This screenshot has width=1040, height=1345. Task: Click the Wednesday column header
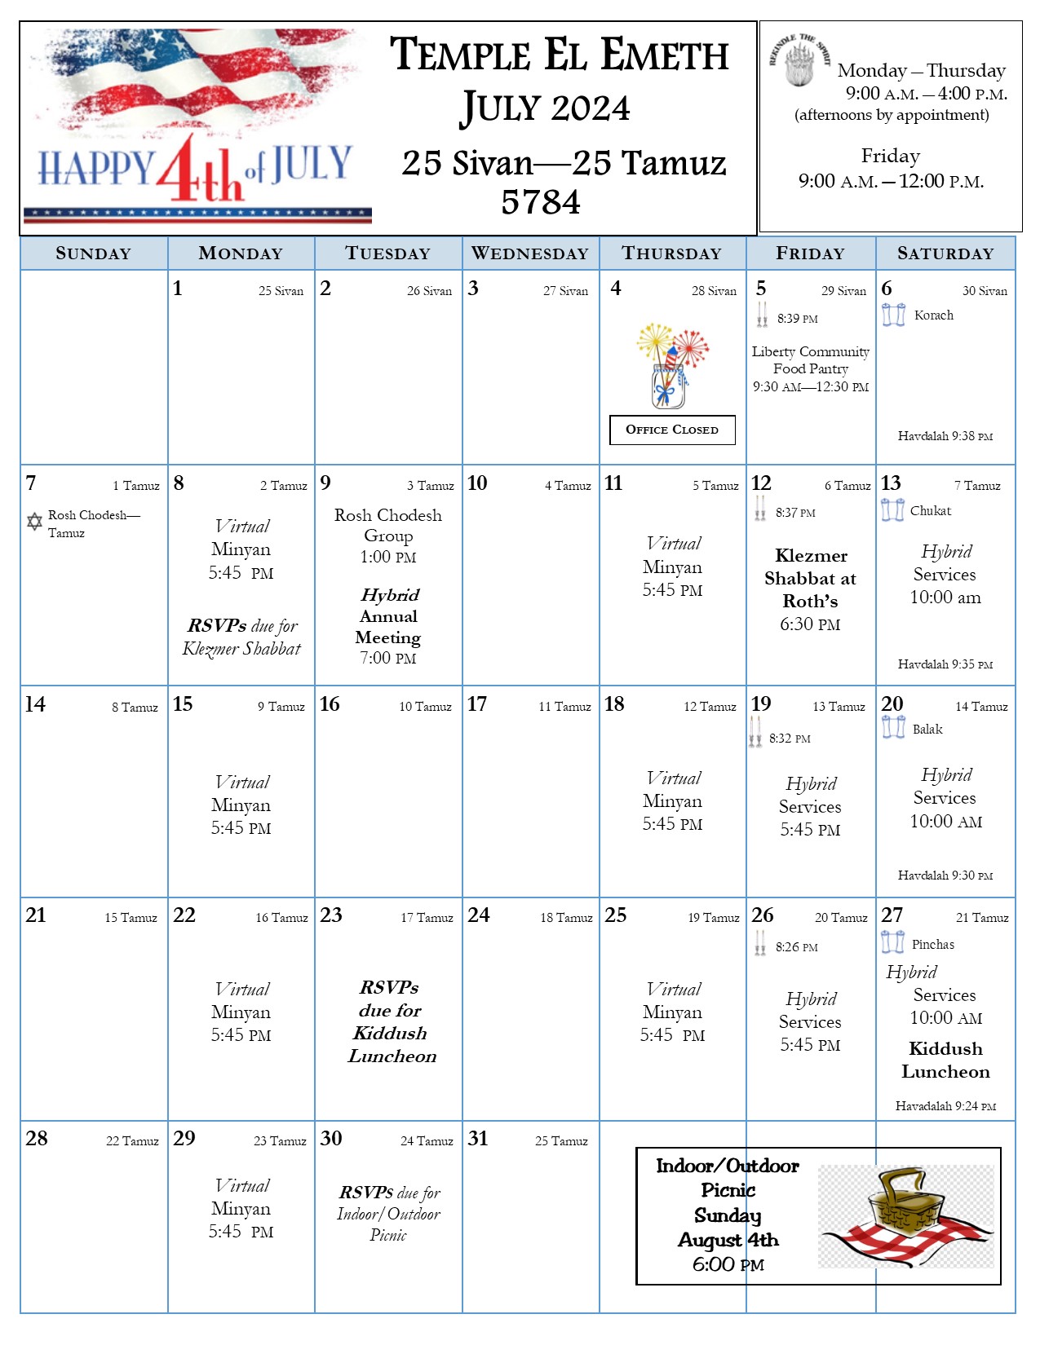pyautogui.click(x=530, y=254)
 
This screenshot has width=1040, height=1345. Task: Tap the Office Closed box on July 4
pyautogui.click(x=672, y=430)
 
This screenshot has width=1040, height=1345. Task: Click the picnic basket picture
pyautogui.click(x=905, y=1215)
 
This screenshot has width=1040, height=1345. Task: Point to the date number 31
pyautogui.click(x=478, y=1139)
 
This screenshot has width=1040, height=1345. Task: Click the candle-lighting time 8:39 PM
pyautogui.click(x=797, y=319)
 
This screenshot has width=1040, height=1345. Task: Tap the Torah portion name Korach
pyautogui.click(x=933, y=315)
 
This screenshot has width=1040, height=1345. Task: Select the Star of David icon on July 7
pyautogui.click(x=34, y=521)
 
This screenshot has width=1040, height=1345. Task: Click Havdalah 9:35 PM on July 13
pyautogui.click(x=945, y=664)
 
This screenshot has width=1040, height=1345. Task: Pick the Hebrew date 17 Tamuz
pyautogui.click(x=427, y=918)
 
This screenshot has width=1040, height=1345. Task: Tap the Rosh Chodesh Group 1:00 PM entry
pyautogui.click(x=388, y=536)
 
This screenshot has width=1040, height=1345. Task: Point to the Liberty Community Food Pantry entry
pyautogui.click(x=810, y=368)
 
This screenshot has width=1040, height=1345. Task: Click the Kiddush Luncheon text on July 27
pyautogui.click(x=945, y=1060)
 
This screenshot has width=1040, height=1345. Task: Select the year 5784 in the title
pyautogui.click(x=541, y=202)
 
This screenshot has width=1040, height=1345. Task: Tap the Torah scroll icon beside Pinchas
pyautogui.click(x=892, y=942)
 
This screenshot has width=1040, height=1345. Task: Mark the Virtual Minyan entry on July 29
pyautogui.click(x=241, y=1208)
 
